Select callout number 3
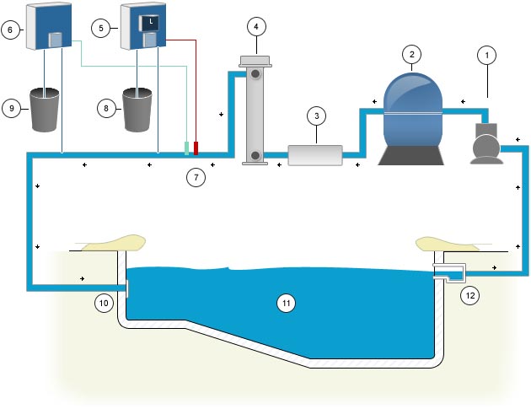(x=315, y=115)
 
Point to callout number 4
(x=256, y=26)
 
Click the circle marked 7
(x=195, y=178)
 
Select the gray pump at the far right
(x=486, y=145)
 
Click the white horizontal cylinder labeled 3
(x=315, y=156)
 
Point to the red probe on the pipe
(x=196, y=148)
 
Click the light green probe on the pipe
(x=186, y=148)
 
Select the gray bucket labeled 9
(x=46, y=110)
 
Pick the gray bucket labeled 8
(x=139, y=110)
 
